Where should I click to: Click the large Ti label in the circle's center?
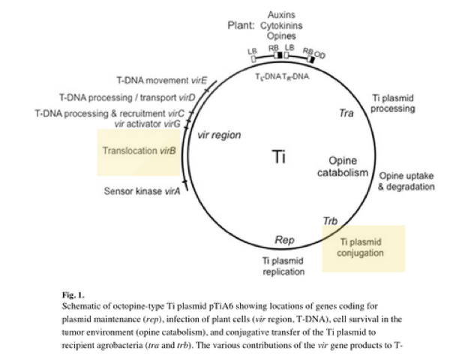[x=278, y=157]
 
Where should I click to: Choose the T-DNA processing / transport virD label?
[x=127, y=97]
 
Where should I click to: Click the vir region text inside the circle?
[x=217, y=136]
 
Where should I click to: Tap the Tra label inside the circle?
[x=346, y=113]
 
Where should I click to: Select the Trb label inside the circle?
[x=330, y=221]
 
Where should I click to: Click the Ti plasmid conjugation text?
[x=361, y=247]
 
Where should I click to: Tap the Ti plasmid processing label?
[x=394, y=103]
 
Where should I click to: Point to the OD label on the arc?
[x=320, y=55]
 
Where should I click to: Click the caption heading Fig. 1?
[x=73, y=295]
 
